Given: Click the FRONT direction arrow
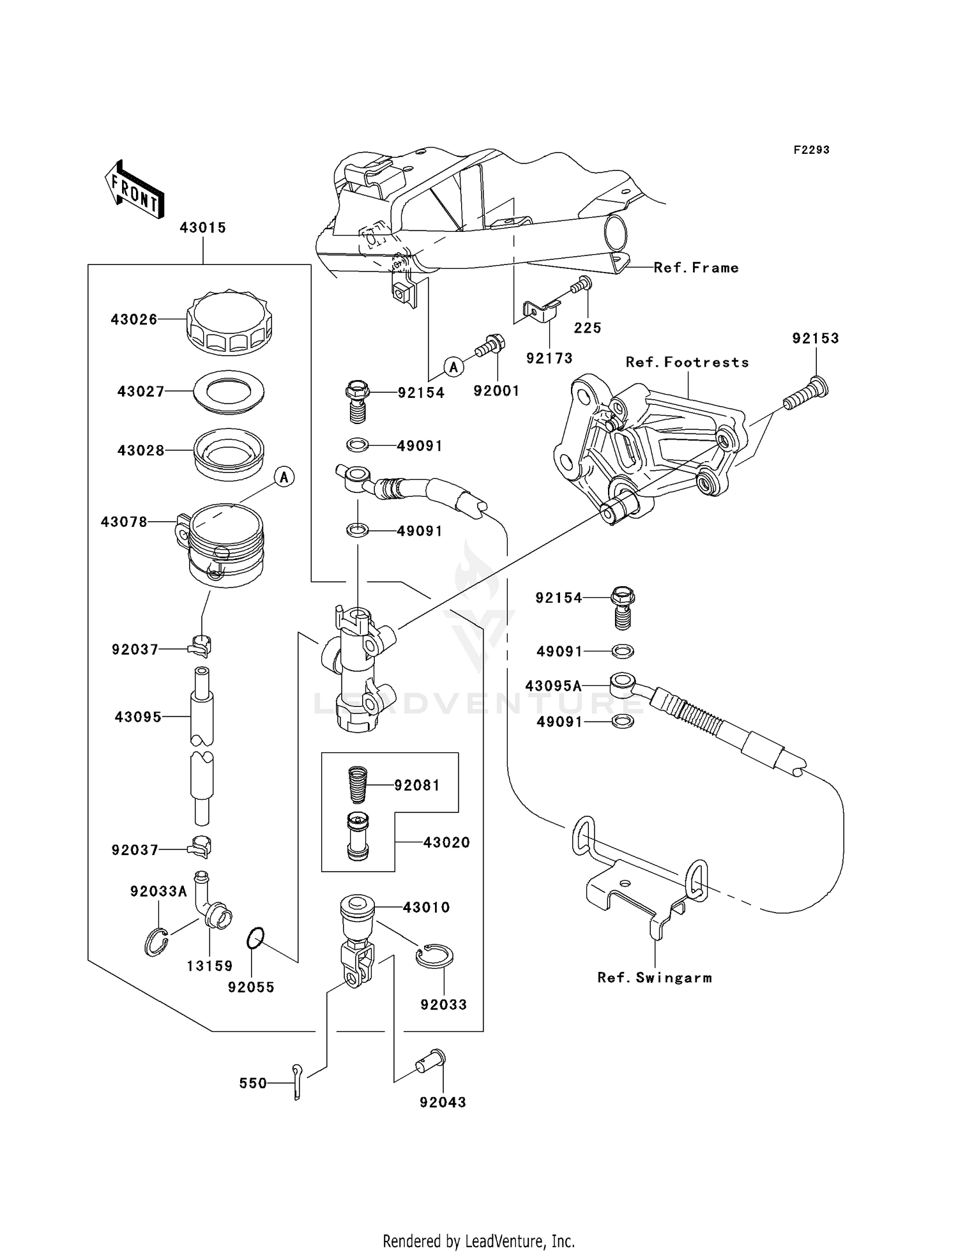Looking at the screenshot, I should coord(135,190).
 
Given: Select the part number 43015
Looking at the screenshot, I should coord(202,228).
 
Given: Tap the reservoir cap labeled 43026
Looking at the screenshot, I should coord(229,323).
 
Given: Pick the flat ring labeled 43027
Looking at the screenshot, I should coord(229,391).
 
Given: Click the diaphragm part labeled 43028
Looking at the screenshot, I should coord(229,454).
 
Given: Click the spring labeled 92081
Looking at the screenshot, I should coord(357,785).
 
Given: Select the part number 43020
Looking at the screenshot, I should coord(446,843).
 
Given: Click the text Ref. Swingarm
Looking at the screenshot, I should coord(655,978).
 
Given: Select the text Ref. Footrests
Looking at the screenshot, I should coord(687,362).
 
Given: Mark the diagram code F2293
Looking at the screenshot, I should coord(811,150).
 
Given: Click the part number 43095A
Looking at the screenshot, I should coord(553,687).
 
